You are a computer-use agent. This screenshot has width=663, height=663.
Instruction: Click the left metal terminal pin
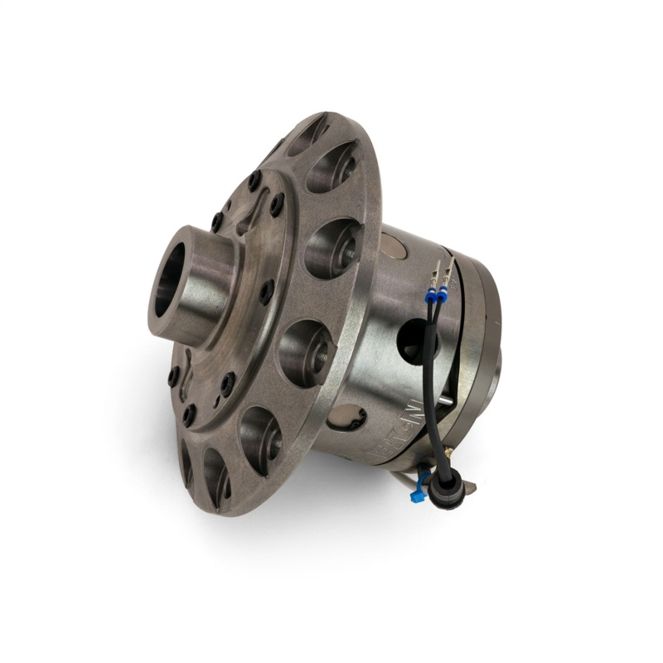(x=434, y=271)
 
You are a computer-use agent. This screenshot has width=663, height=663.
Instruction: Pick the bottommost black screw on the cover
(x=190, y=415)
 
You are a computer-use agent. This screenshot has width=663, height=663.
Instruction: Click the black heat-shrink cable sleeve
(x=436, y=390)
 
